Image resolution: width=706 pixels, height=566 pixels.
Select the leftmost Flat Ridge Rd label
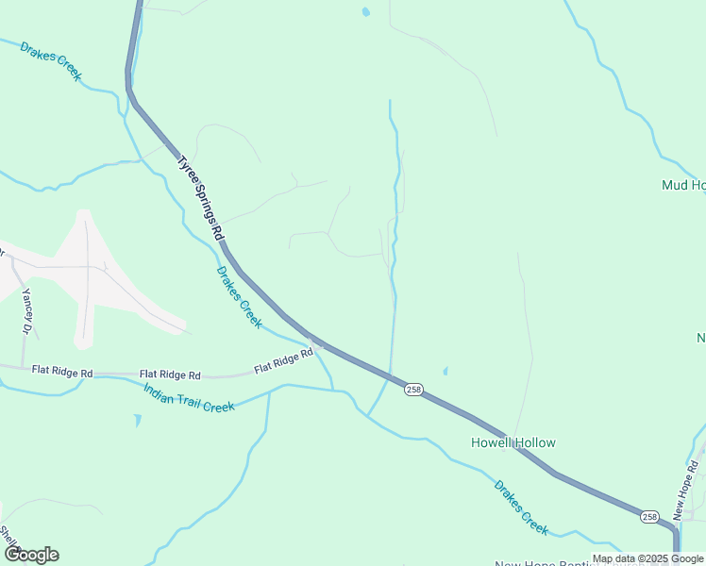[61, 374]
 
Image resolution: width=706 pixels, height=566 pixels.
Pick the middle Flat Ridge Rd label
[170, 375]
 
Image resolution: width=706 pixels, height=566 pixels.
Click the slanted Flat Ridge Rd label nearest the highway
[283, 360]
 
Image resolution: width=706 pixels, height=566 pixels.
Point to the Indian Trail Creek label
[189, 397]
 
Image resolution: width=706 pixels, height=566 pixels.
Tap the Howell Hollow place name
[513, 442]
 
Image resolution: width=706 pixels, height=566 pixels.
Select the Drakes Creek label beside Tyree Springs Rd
[239, 296]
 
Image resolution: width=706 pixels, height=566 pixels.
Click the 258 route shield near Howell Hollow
[413, 390]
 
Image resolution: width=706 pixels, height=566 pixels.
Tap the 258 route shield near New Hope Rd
[649, 516]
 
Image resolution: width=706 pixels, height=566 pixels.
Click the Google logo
[31, 554]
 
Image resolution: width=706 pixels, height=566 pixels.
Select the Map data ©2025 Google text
[647, 558]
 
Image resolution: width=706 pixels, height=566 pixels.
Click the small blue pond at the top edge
[365, 12]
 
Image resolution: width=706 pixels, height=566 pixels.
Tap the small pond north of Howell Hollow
[445, 371]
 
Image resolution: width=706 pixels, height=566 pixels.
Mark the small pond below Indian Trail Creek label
[138, 420]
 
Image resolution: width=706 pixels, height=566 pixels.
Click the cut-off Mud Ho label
[683, 185]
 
